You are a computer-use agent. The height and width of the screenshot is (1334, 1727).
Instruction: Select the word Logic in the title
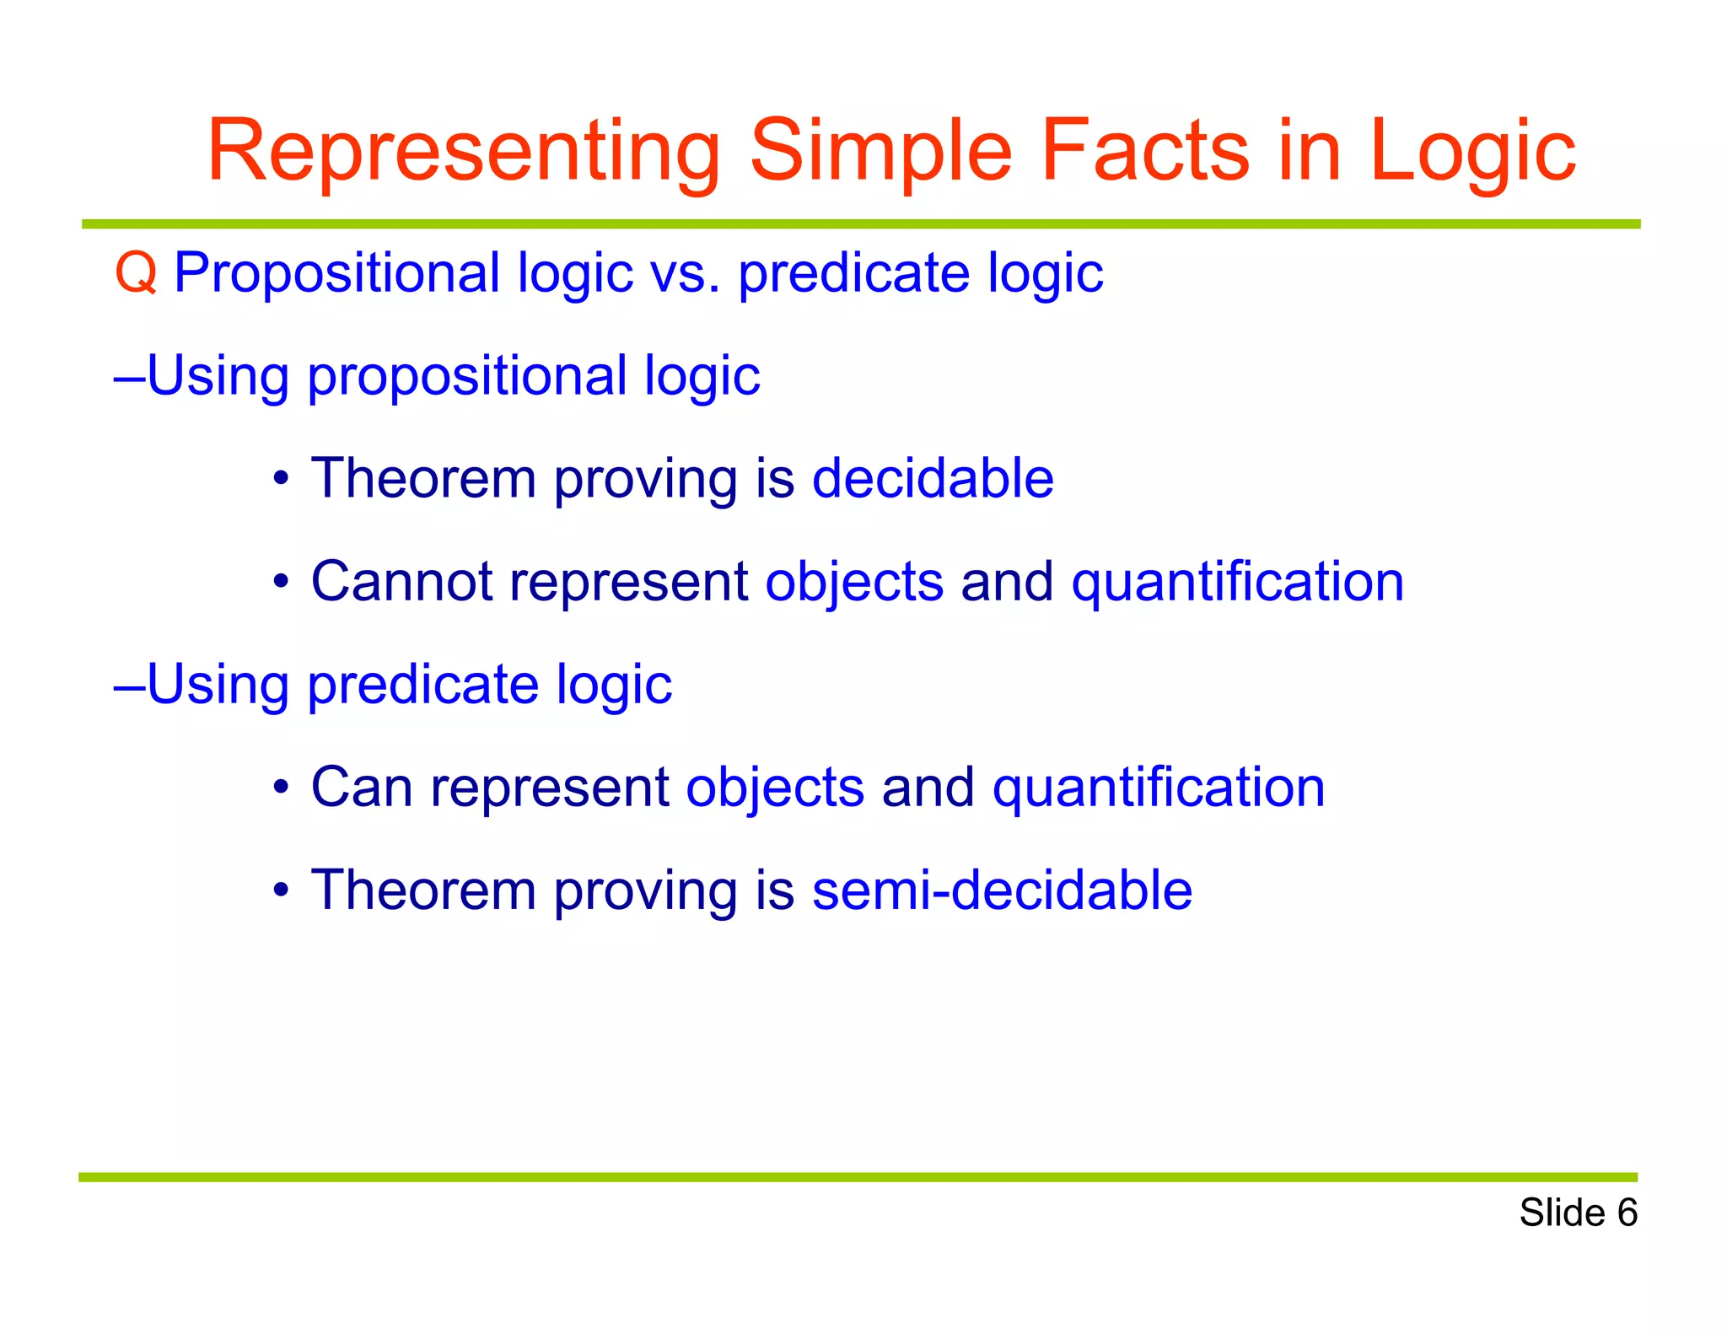click(x=1471, y=152)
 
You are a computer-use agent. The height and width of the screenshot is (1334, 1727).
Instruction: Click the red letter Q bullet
click(x=136, y=274)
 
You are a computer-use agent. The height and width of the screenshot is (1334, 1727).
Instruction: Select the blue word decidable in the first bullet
click(x=933, y=478)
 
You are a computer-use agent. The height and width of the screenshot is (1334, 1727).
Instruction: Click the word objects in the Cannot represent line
click(x=854, y=581)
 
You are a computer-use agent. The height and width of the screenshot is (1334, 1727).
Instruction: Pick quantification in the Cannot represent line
click(x=1237, y=581)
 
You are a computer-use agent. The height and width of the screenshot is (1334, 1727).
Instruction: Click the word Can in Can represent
click(x=361, y=787)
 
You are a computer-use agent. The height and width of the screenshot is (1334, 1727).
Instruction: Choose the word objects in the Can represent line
click(x=775, y=787)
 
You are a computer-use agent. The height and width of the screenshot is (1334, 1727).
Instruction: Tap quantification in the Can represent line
click(x=1159, y=787)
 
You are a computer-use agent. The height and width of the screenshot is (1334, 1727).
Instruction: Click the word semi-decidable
click(x=1002, y=890)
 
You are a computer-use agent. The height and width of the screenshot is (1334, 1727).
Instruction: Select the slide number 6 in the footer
click(x=1627, y=1213)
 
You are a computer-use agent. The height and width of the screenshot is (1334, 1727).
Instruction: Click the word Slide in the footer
click(x=1562, y=1213)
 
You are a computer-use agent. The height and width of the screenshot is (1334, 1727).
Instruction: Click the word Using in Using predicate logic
click(x=218, y=684)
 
